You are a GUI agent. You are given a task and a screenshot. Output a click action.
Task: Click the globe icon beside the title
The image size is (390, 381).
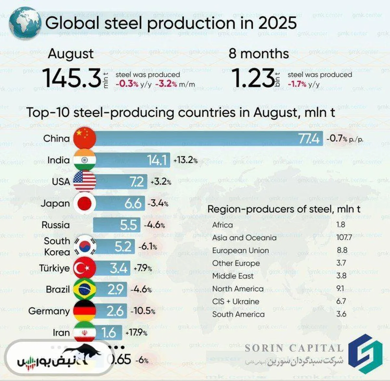point(25,23)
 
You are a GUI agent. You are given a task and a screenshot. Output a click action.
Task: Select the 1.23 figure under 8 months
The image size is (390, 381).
point(253,78)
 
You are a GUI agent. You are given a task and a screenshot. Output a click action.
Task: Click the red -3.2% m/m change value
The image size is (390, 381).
point(166,84)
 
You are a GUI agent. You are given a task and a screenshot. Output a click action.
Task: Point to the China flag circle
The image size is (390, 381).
point(84,138)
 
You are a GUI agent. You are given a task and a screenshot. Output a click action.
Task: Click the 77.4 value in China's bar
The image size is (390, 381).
point(309,139)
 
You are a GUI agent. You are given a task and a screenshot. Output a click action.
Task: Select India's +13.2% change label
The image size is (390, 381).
point(185,160)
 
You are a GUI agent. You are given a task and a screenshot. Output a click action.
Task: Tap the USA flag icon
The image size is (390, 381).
point(84,181)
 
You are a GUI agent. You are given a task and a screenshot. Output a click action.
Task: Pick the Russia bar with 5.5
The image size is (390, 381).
point(116,225)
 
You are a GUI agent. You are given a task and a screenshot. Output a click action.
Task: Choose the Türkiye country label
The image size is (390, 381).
point(54,268)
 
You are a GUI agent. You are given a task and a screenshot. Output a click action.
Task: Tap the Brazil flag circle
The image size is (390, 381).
point(84,289)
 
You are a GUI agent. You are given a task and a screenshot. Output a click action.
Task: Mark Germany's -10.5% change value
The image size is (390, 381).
point(143,311)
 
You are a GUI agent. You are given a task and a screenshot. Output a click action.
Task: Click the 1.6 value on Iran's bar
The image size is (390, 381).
point(109,333)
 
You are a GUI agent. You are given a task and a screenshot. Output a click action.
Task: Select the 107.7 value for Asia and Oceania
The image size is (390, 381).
point(344,237)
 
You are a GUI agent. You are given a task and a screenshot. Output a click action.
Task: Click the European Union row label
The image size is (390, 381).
point(240,251)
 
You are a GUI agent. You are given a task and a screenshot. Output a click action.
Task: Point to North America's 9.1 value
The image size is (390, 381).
point(340,288)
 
